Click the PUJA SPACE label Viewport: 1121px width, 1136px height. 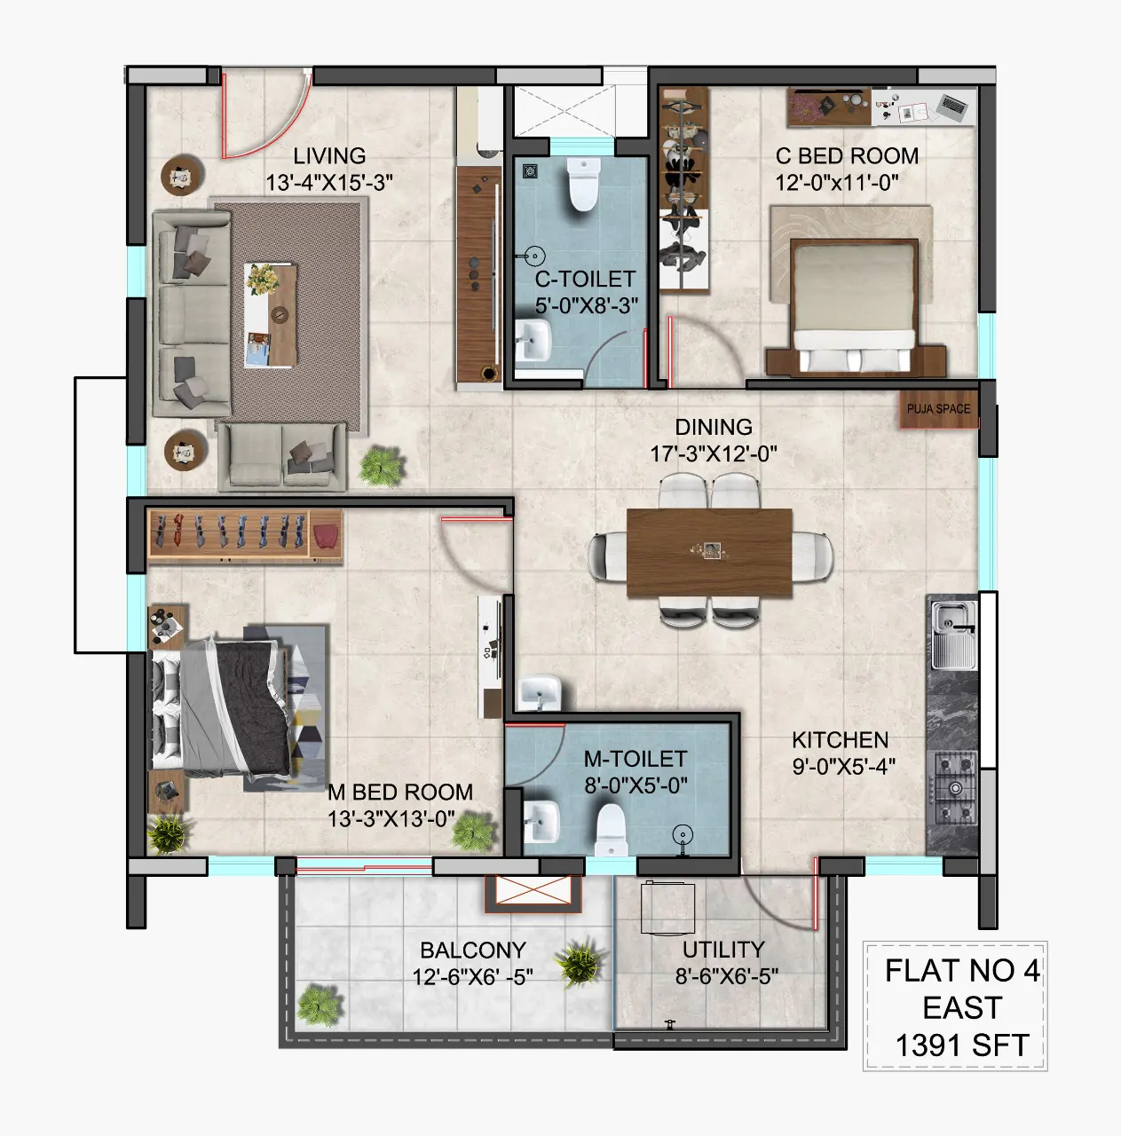point(938,408)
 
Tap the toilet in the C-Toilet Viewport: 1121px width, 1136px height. point(582,184)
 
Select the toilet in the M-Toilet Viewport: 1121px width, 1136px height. point(611,831)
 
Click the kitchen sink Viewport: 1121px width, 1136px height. point(952,635)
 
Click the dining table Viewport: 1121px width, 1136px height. point(709,552)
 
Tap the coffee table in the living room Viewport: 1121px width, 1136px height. point(270,315)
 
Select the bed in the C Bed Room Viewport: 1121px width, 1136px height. point(855,305)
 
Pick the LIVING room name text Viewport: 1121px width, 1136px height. point(329,156)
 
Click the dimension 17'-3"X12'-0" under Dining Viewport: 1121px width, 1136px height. point(714,454)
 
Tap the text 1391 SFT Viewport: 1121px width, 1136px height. point(962,1045)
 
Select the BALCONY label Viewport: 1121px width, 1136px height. point(473,951)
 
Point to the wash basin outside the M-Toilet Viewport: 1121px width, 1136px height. point(540,692)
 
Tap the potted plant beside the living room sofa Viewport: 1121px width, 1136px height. point(382,466)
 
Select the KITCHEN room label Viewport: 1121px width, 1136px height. point(840,740)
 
